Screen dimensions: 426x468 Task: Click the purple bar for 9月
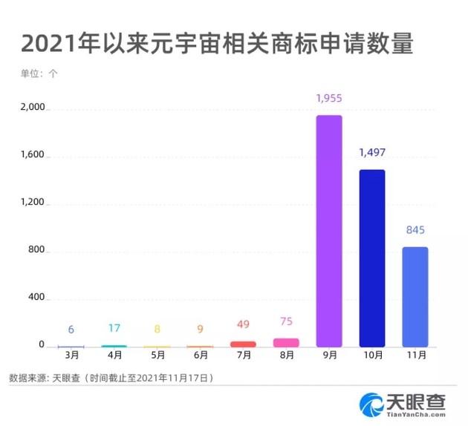tap(329, 231)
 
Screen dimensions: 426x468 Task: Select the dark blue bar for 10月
tap(372, 258)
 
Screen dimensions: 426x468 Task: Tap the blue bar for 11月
tap(415, 297)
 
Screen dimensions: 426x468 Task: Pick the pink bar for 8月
tap(286, 343)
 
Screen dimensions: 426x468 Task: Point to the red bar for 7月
tap(243, 344)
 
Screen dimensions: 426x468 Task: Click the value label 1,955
tap(329, 98)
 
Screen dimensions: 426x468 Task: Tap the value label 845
tap(415, 230)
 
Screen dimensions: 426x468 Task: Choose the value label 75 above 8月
tap(286, 321)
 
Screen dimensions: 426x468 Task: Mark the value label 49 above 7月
tap(243, 324)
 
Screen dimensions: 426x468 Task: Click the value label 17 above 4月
tap(114, 328)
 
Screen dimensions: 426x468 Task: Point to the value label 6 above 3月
tap(71, 330)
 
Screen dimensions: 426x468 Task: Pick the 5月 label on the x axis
tap(157, 356)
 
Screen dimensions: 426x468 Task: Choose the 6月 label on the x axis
tap(201, 356)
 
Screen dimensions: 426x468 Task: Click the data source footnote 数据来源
tap(111, 378)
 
